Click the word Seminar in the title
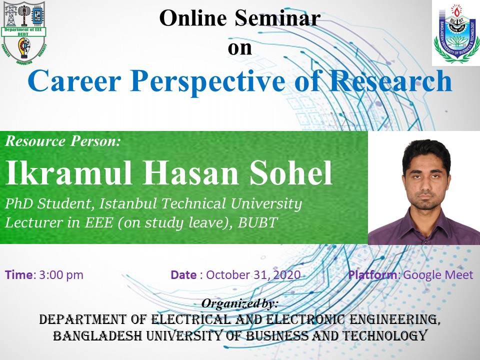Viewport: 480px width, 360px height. pos(277,18)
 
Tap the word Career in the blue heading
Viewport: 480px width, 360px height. pos(74,81)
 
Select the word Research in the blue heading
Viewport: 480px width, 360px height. pos(390,81)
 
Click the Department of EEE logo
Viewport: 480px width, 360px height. pos(24,33)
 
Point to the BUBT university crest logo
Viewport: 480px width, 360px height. pos(456,33)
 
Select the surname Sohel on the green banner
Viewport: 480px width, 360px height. pos(291,173)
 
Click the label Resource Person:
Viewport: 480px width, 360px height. pos(63,141)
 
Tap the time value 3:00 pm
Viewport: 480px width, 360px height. pos(61,275)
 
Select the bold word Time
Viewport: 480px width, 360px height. pos(18,274)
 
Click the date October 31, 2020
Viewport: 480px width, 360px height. pos(253,275)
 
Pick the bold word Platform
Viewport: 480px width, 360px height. pos(372,274)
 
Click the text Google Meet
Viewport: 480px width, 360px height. pos(438,275)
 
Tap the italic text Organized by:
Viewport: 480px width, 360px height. pos(239,303)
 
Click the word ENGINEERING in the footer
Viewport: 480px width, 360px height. pos(395,319)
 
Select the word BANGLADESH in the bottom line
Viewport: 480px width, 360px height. pos(97,336)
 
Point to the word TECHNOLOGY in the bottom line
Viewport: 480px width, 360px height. pos(384,336)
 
